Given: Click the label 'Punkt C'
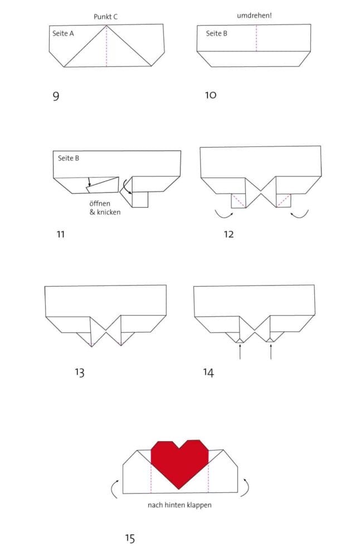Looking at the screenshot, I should (x=105, y=17).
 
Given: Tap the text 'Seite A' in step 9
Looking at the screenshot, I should (x=63, y=33).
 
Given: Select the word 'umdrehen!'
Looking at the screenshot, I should (x=254, y=16).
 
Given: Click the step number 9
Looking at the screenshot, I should (x=56, y=96).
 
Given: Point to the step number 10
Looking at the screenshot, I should (x=211, y=95).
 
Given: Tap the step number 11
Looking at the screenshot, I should (x=60, y=234).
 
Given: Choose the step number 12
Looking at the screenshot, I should (x=228, y=234).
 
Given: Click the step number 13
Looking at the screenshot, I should (x=79, y=372).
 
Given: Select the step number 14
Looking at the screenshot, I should (x=208, y=372).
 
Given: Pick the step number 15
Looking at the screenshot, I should (x=130, y=538).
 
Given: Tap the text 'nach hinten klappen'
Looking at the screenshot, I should (x=179, y=505).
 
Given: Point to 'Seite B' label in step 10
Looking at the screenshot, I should (x=217, y=33).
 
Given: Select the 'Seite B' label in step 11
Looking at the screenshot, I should (x=69, y=158).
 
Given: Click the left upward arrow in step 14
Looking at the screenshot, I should (x=240, y=351).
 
